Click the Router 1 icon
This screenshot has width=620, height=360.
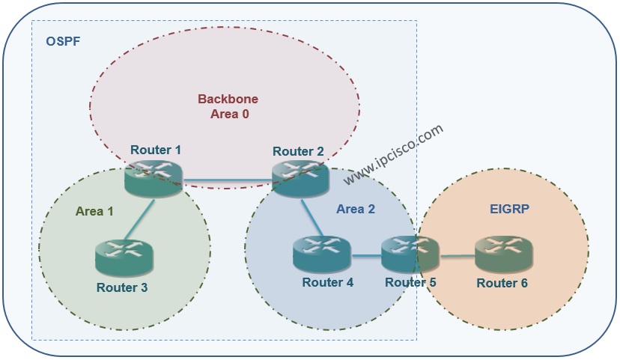click(154, 179)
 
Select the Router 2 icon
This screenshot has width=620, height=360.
click(300, 179)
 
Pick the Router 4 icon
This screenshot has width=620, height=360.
click(322, 254)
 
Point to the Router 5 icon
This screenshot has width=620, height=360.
click(410, 254)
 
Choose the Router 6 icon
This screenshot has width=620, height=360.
click(504, 254)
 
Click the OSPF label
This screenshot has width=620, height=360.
click(63, 41)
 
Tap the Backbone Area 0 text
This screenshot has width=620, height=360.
click(228, 106)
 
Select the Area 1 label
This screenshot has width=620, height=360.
click(94, 211)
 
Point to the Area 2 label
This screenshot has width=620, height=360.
click(356, 209)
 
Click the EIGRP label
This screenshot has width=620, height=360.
click(509, 209)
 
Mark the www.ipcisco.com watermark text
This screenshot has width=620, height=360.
click(393, 154)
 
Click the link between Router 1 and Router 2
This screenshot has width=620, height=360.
click(228, 181)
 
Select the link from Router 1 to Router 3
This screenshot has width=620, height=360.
click(139, 219)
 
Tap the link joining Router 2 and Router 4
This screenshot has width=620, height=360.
click(312, 218)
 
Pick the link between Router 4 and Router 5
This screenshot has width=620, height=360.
click(366, 256)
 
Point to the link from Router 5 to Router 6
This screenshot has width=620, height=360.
click(458, 257)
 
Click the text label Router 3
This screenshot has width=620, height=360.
click(122, 287)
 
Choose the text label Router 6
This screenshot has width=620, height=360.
click(502, 283)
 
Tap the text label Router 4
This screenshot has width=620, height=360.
click(328, 282)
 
